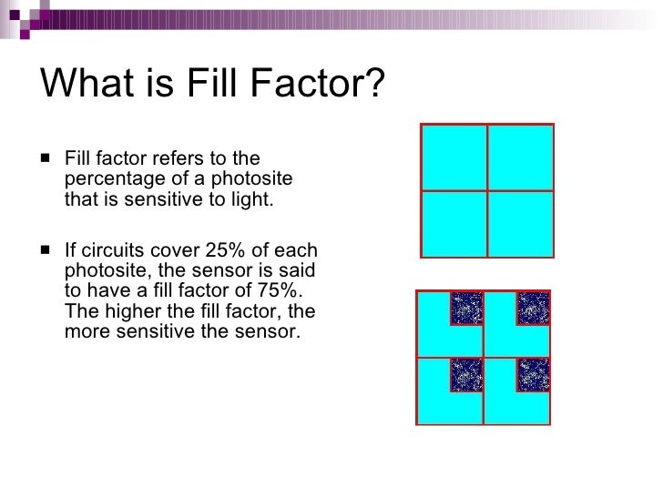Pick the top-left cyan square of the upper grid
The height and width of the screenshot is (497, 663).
click(454, 156)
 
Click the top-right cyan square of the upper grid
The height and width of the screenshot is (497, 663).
click(521, 156)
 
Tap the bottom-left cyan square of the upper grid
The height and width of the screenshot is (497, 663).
click(454, 223)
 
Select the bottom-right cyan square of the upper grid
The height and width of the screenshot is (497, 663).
click(521, 223)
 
